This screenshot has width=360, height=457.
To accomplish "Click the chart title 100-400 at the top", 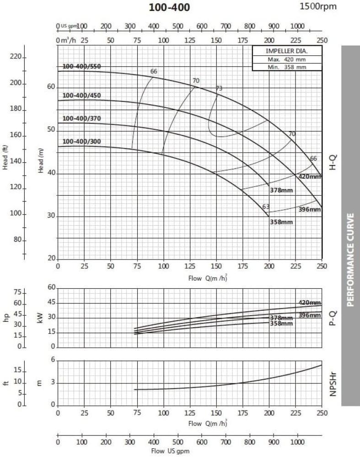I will [169, 7].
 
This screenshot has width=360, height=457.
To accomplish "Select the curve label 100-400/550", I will [81, 67].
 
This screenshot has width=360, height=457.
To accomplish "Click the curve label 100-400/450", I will [81, 96].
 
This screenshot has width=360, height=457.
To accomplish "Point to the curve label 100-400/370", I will [81, 118].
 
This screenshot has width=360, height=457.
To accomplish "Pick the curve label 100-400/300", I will [81, 141].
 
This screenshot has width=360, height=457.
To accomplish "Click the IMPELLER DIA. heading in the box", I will [287, 51].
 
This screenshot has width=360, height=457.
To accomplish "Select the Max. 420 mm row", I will [287, 59].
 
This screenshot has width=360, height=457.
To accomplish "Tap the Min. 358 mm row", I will [287, 67].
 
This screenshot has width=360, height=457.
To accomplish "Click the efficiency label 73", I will [219, 88].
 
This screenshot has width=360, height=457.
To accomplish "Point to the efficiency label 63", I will [266, 207].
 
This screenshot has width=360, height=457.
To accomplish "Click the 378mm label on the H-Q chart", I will [280, 190].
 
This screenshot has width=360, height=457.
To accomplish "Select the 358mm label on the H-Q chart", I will [281, 222].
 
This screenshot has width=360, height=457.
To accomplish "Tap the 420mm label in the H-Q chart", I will [310, 176].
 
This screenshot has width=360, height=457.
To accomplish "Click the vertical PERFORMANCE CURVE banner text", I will [350, 259].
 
